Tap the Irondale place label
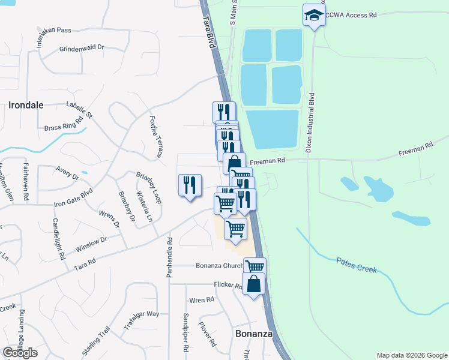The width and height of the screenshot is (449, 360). [x=26, y=105]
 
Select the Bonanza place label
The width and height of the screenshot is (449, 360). [x=253, y=333]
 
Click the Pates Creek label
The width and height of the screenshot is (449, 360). [x=357, y=265]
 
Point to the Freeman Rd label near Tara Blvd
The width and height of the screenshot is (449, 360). [x=266, y=161]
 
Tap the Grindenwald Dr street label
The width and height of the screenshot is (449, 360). [x=82, y=48]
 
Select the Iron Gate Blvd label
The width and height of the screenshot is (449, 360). [x=74, y=196]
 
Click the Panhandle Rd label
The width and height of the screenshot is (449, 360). [x=169, y=257]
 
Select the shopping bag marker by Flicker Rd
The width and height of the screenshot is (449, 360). [x=253, y=284]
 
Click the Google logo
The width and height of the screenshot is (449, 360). [x=20, y=353]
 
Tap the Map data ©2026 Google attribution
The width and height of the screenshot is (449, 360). [x=412, y=355]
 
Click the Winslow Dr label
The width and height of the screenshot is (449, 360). [x=91, y=244]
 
